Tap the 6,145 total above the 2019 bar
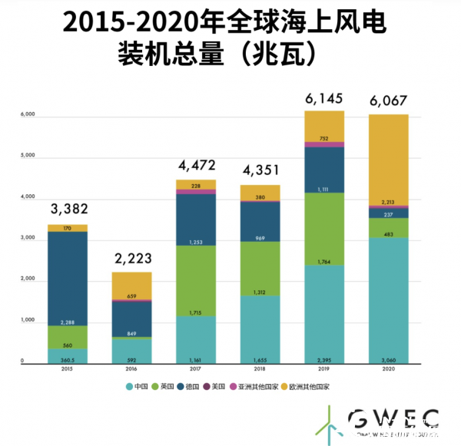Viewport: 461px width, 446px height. tap(324, 98)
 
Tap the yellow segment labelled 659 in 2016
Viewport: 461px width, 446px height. tap(131, 286)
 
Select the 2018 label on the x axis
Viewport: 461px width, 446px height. tap(260, 368)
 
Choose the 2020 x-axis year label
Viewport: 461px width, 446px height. tap(388, 368)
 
